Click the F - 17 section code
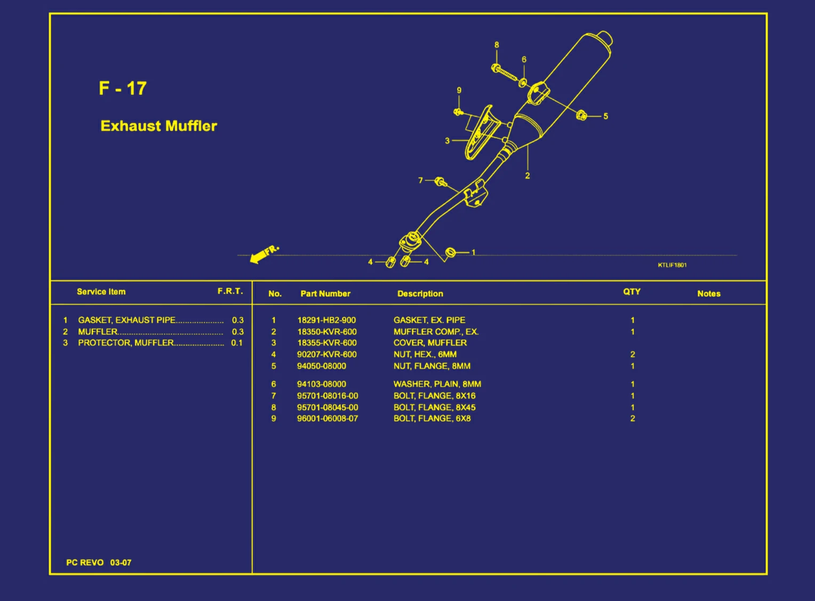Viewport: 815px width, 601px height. tap(123, 88)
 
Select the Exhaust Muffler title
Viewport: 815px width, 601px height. tap(159, 126)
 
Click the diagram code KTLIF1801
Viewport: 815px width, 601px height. tap(672, 265)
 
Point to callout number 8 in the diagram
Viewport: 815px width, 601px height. tap(497, 45)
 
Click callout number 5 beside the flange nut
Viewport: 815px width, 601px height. tap(605, 116)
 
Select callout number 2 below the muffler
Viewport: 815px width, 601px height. tap(528, 175)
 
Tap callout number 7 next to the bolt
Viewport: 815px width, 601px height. tap(420, 180)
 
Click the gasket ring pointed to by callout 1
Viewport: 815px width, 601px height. tap(450, 252)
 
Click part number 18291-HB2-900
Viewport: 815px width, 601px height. tap(326, 320)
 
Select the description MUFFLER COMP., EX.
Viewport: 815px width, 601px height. tap(436, 332)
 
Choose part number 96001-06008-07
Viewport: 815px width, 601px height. tap(327, 419)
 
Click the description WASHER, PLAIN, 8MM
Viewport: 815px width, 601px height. tap(437, 384)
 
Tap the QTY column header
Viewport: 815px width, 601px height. tap(632, 292)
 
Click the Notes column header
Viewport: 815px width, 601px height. tap(708, 293)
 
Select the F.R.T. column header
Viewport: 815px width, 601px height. tap(230, 291)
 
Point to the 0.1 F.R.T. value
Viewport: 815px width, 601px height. tap(237, 343)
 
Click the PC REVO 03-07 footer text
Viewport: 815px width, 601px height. tap(99, 563)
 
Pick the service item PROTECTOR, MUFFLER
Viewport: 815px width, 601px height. tap(126, 343)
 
